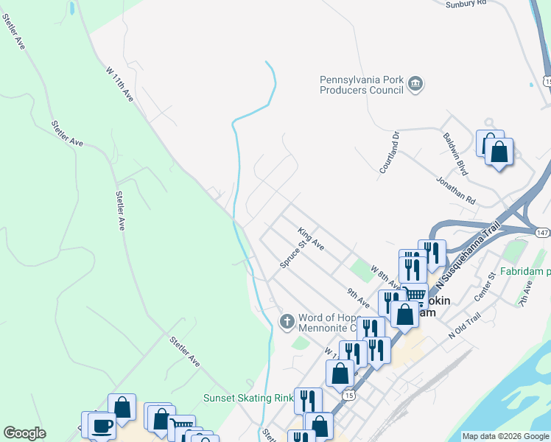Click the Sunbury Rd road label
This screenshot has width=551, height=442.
[x=466, y=3]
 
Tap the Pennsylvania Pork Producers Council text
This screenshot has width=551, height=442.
[x=361, y=85]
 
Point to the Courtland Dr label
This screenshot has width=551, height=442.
[x=389, y=152]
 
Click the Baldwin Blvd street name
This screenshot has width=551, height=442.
[x=455, y=154]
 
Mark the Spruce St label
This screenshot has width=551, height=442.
[x=292, y=253]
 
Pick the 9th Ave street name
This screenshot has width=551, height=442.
[x=359, y=298]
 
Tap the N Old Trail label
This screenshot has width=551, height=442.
[x=464, y=329]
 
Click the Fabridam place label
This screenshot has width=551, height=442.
[x=524, y=271]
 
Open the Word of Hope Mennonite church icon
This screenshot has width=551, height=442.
[x=287, y=320]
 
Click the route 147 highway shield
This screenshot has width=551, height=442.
[x=542, y=232]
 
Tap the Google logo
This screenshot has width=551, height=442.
[x=24, y=433]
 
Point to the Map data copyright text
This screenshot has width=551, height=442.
[x=505, y=436]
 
